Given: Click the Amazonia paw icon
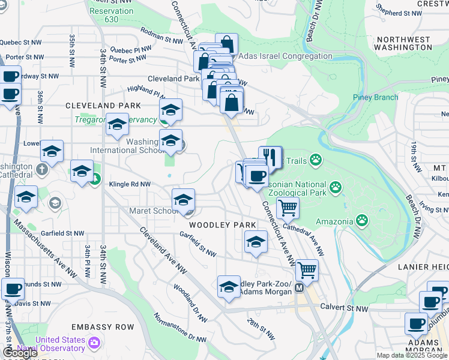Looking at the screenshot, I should [362, 221].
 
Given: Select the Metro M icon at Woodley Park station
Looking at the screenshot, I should [298, 288].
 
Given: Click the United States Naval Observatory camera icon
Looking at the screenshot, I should [94, 343].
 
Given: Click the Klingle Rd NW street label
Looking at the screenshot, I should [130, 184].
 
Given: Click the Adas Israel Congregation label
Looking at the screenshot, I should [286, 56].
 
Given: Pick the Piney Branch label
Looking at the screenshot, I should [376, 98].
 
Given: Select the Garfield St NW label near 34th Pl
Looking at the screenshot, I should [63, 233].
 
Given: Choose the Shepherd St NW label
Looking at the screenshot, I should [399, 13].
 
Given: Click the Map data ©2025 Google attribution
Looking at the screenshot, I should [412, 355].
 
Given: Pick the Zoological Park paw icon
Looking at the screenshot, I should [336, 188].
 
